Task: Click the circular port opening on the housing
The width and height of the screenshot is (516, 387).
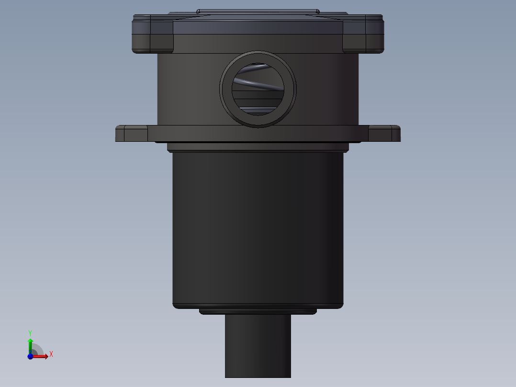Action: [x=258, y=89]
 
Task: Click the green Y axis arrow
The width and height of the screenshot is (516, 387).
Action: [x=30, y=346]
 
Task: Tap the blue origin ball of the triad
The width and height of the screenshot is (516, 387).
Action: [x=30, y=356]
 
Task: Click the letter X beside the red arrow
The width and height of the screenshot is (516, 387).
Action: [x=51, y=354]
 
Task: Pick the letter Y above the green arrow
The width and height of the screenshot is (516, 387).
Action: [x=30, y=333]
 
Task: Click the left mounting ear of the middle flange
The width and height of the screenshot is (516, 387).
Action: [x=132, y=134]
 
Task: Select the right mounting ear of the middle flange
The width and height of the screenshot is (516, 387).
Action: [x=384, y=134]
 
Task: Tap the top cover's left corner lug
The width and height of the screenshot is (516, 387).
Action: [x=153, y=34]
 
